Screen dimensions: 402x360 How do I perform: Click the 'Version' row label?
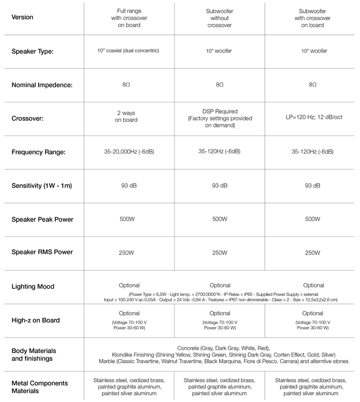[22, 17]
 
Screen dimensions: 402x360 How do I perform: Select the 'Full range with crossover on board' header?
[129, 18]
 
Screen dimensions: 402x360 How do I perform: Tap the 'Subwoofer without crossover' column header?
[219, 18]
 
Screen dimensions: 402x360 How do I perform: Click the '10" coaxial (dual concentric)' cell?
[129, 50]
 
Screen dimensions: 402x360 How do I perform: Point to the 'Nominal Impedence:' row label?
[42, 86]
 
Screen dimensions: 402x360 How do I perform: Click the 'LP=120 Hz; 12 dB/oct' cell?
[312, 117]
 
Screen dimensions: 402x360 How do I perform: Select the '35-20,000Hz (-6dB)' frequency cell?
[129, 152]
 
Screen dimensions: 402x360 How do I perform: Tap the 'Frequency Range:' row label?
[39, 153]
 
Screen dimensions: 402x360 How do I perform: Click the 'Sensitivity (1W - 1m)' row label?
[42, 186]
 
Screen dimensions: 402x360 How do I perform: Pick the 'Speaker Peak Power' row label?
[42, 219]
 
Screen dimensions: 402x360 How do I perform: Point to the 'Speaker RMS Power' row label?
[42, 252]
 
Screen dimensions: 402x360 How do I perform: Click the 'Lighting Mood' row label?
[33, 286]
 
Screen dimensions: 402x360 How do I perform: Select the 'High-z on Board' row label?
[36, 320]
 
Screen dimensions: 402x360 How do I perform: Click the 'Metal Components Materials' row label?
[39, 387]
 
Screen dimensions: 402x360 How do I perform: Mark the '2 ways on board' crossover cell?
[127, 117]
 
